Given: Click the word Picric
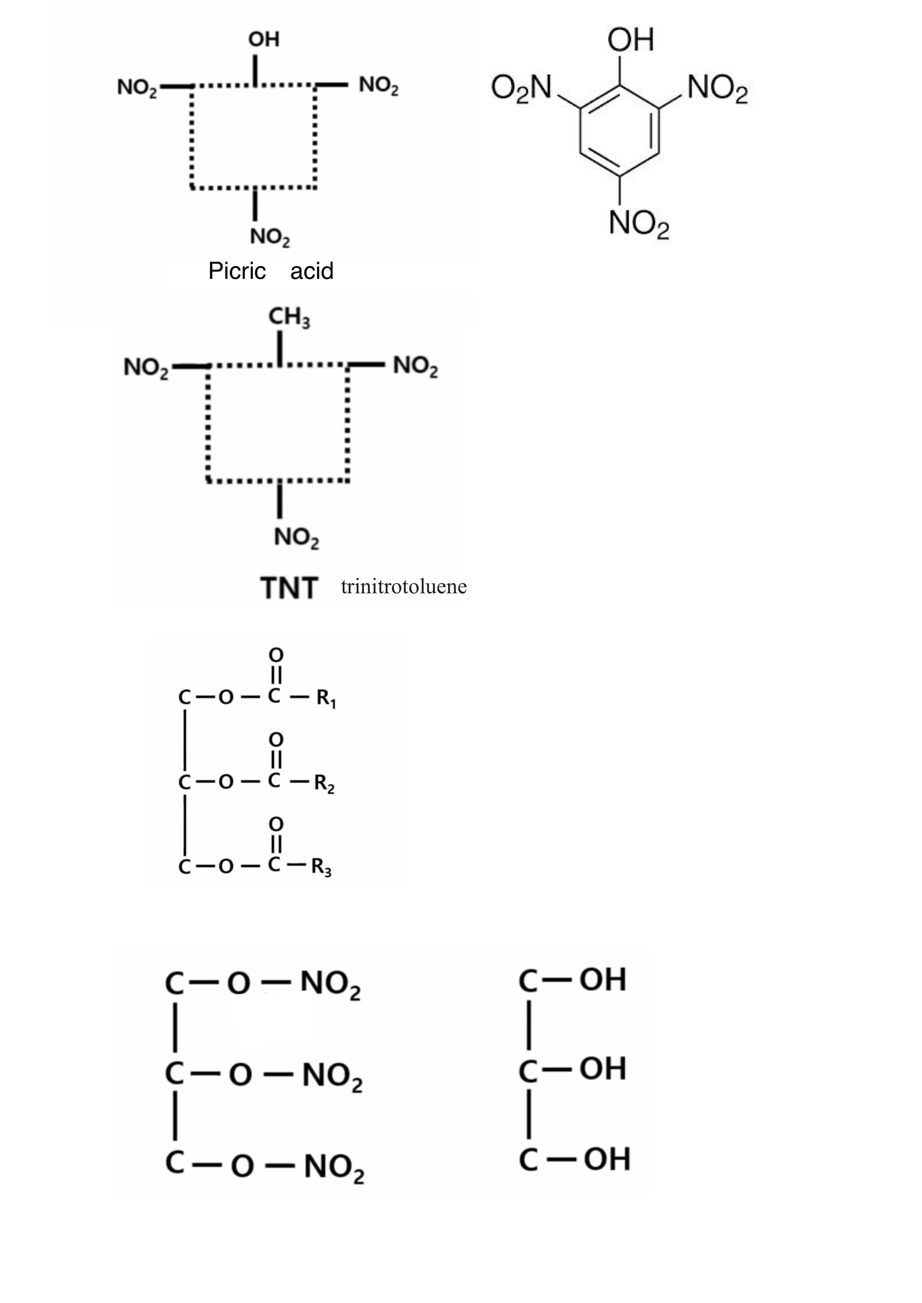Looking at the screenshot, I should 237,271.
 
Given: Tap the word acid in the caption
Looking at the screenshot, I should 312,271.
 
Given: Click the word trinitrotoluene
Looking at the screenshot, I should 404,586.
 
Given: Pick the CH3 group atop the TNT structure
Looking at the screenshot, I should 289,318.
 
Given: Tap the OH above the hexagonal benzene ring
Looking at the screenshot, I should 631,40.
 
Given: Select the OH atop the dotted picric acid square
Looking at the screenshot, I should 264,40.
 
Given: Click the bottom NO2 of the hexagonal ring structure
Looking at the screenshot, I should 639,223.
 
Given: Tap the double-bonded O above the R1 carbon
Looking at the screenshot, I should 276,655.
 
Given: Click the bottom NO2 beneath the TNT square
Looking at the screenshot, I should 296,537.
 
